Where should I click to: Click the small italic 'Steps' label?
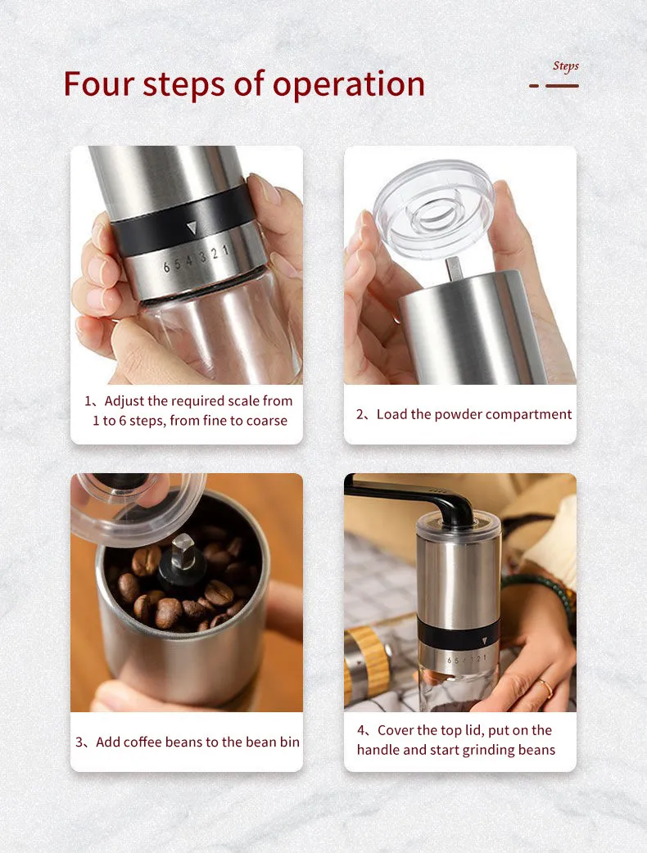pyautogui.click(x=565, y=66)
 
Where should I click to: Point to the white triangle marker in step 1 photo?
pyautogui.click(x=192, y=228)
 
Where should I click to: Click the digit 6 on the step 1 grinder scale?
pyautogui.click(x=166, y=268)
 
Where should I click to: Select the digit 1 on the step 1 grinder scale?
pyautogui.click(x=225, y=250)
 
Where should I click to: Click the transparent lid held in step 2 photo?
pyautogui.click(x=434, y=209)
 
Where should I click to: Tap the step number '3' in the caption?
pyautogui.click(x=79, y=742)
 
